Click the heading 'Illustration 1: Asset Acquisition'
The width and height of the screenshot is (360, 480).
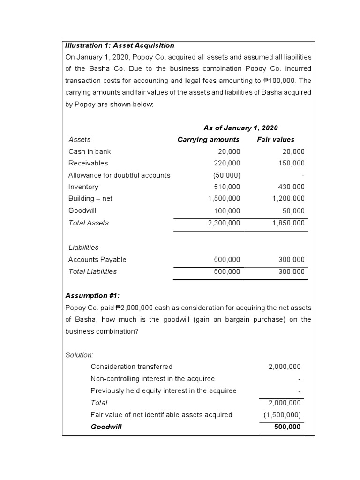point(120,45)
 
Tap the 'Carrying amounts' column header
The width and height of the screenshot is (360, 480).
point(208,139)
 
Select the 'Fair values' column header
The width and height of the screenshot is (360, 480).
point(276,139)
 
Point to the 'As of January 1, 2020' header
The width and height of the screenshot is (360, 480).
point(240,127)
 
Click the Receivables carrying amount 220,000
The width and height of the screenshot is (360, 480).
point(229,163)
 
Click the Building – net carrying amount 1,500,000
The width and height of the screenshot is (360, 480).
point(224,198)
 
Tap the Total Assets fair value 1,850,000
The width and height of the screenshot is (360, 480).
point(288,223)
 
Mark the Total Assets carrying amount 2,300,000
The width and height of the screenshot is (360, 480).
point(224,223)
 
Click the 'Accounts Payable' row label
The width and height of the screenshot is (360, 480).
point(97,259)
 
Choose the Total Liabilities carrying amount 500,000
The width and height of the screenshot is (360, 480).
point(227,271)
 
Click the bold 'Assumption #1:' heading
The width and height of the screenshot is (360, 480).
point(92,295)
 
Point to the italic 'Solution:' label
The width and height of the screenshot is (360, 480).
point(79,355)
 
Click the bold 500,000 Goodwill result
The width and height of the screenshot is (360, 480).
point(287,427)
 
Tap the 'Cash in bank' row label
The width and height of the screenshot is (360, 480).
point(90,151)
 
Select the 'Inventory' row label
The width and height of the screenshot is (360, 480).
point(83,187)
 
